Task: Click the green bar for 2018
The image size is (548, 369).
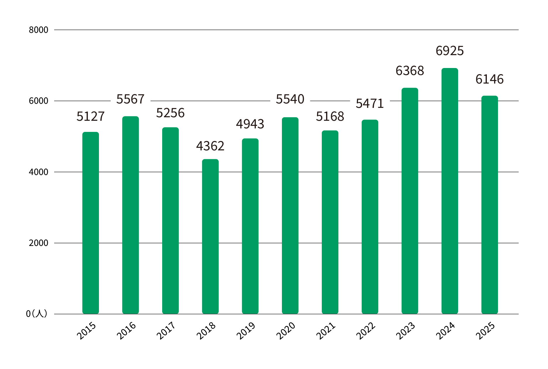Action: [x=210, y=237]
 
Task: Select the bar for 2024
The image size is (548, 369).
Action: [x=450, y=191]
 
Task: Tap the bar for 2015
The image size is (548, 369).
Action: [x=90, y=223]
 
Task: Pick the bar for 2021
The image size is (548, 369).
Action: [x=330, y=222]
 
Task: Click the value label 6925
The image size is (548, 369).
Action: [x=450, y=51]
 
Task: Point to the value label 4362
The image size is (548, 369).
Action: [x=210, y=146]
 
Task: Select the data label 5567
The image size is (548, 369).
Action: [x=130, y=99]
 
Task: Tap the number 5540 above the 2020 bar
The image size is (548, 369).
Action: [x=290, y=99]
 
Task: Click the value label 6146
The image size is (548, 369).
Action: [x=489, y=79]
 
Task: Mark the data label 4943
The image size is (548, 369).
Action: [x=250, y=124]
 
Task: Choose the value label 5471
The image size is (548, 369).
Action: [x=370, y=103]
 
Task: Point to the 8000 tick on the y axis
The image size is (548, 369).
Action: [x=38, y=30]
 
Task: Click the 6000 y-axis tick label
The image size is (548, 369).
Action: [x=38, y=101]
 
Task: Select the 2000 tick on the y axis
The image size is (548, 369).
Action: [x=38, y=243]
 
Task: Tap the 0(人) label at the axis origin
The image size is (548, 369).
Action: [x=37, y=314]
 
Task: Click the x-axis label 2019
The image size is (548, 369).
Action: [x=246, y=331]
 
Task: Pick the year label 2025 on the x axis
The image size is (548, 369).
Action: [x=485, y=331]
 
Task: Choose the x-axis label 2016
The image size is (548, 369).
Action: [x=126, y=331]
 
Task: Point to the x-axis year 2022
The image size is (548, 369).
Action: [x=366, y=331]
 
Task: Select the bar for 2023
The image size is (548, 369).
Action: [x=410, y=201]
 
